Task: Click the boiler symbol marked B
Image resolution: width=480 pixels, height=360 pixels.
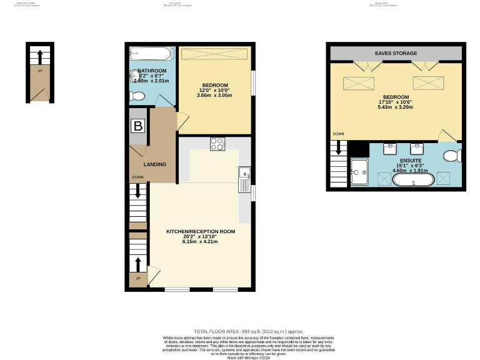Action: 138,126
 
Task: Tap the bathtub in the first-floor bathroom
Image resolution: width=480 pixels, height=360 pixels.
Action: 152,53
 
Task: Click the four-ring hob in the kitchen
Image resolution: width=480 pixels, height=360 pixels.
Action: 217,144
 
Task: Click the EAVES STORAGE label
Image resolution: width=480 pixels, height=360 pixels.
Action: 395,53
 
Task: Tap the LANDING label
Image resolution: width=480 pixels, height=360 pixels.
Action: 154,164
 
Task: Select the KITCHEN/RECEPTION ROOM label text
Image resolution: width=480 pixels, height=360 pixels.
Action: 200,231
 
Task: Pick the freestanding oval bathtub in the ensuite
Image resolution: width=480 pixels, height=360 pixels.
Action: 413,181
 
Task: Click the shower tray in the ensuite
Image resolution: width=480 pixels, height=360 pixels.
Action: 360,172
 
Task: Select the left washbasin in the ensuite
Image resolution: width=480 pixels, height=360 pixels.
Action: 391,149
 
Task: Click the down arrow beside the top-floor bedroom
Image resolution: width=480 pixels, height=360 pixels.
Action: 339,148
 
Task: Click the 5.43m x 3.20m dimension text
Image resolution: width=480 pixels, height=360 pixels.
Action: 396,106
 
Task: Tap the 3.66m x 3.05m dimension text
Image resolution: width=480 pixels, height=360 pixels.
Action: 214,95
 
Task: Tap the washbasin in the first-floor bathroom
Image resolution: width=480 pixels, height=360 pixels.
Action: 134,76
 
